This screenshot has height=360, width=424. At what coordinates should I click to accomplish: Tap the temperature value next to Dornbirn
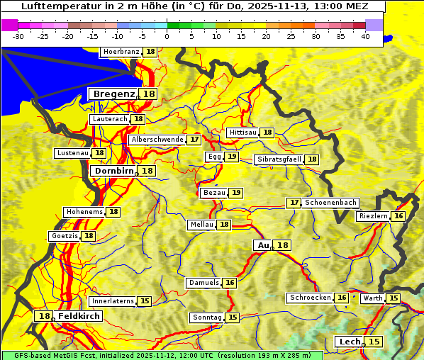(147, 171)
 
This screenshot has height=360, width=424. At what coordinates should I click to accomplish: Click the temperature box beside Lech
(374, 342)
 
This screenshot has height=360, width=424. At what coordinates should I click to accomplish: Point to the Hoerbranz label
(121, 52)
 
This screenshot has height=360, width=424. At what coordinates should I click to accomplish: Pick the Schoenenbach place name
(330, 203)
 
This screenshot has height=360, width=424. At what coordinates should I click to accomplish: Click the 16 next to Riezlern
(398, 216)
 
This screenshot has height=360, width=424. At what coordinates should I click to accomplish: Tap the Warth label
(372, 298)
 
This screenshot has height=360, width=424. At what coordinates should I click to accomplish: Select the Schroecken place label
(311, 298)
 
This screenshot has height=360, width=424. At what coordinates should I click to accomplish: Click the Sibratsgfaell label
(279, 159)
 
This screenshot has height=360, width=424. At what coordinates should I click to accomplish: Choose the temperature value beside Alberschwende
(194, 140)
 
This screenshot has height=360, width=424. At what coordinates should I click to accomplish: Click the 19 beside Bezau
(236, 193)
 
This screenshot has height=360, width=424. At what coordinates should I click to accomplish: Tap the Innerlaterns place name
(113, 301)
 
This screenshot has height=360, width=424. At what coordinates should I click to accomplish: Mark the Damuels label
(203, 283)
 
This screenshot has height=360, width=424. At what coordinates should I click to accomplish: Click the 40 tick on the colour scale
(365, 35)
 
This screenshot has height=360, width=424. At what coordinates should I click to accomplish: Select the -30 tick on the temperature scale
(18, 35)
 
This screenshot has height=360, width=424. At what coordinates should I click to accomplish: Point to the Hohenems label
(84, 212)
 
